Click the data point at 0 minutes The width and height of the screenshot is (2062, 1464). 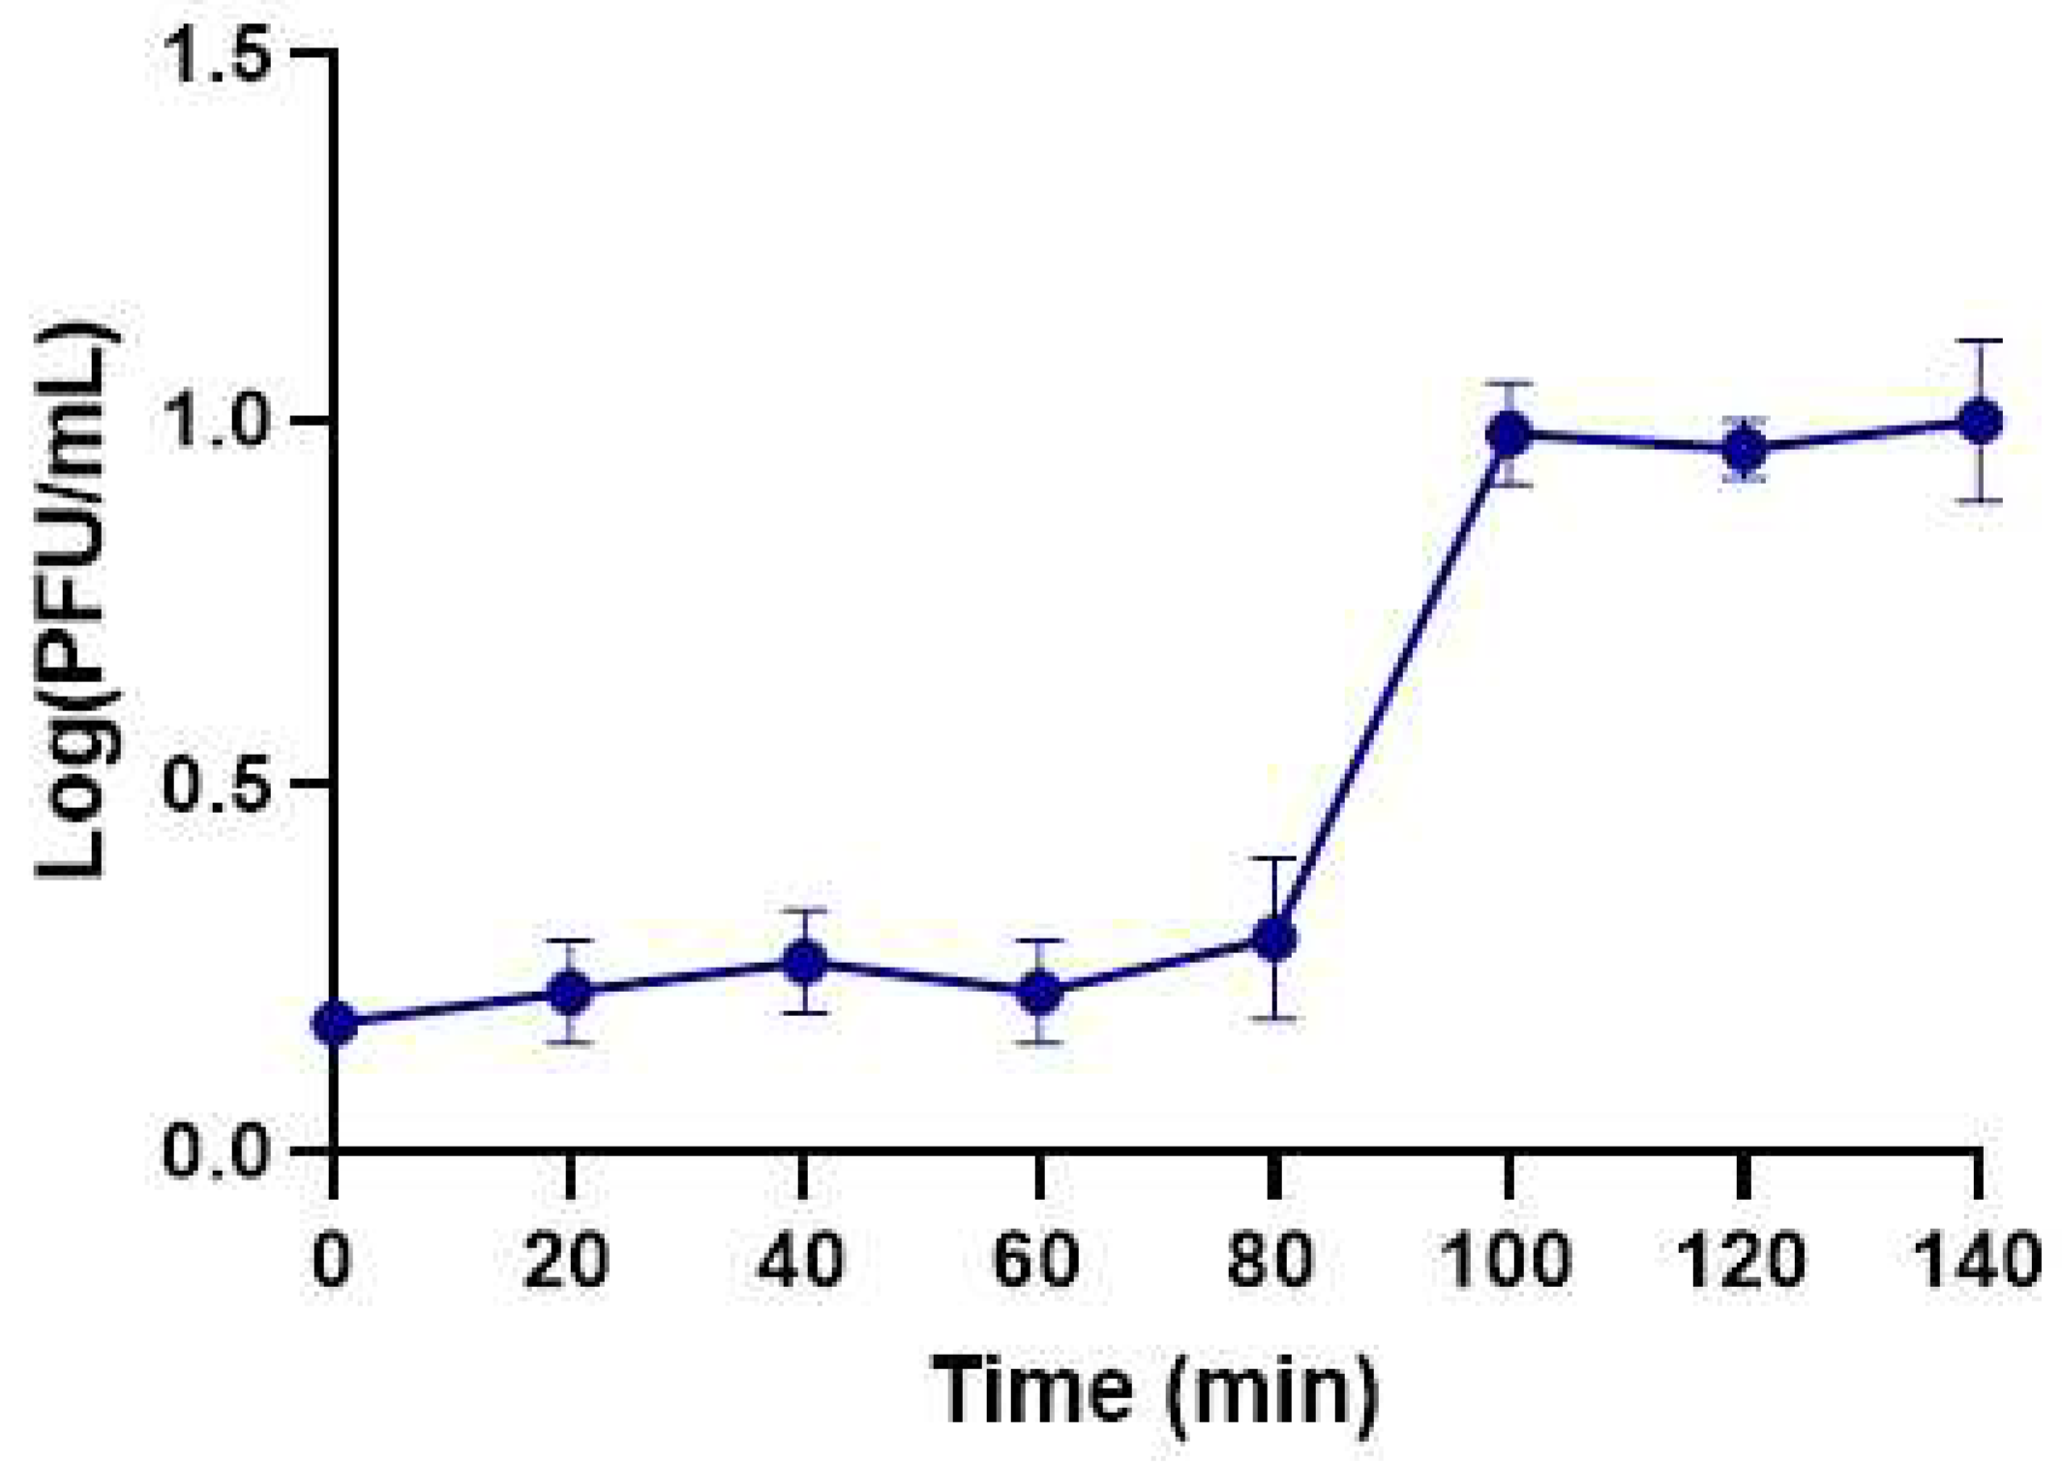335,1023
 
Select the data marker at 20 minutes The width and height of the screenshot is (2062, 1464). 570,992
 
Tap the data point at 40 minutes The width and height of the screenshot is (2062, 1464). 804,962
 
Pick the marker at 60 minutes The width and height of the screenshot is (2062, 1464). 1039,992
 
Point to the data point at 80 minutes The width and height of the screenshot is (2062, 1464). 1274,938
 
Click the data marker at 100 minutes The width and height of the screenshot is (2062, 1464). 1509,433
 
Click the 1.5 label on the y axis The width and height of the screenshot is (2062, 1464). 218,53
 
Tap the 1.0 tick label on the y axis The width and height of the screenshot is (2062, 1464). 218,420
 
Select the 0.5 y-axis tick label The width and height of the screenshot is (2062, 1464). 218,786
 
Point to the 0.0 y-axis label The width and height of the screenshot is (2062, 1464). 218,1152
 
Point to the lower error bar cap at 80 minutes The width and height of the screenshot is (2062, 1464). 1274,1018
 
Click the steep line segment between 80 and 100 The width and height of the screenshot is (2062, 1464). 1391,686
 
